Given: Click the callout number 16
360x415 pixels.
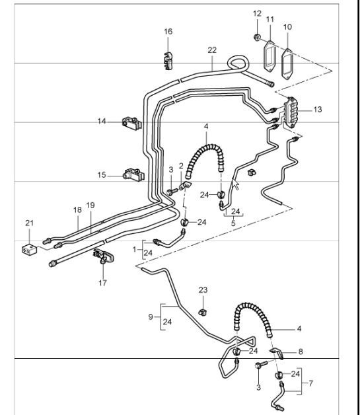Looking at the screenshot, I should (168, 32).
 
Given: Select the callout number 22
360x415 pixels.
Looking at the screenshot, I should (211, 50).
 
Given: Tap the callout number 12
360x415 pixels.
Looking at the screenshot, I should (257, 13).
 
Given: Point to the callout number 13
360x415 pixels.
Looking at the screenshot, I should (318, 109).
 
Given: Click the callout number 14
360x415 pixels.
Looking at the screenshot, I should (102, 121).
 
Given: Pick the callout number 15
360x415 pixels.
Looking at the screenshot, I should (102, 175).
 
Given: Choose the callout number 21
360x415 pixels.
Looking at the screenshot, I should (28, 224).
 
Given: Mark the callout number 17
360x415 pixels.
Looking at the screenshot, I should (102, 282).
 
